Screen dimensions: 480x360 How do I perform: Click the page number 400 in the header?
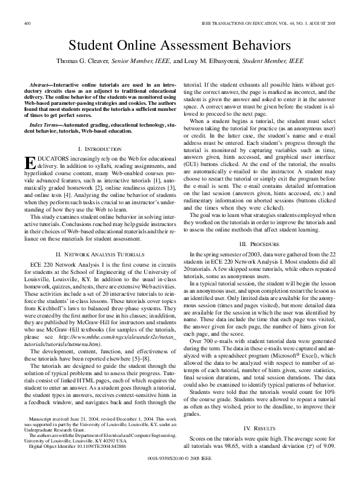(27, 24)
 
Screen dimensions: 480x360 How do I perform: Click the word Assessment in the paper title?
(198, 45)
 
